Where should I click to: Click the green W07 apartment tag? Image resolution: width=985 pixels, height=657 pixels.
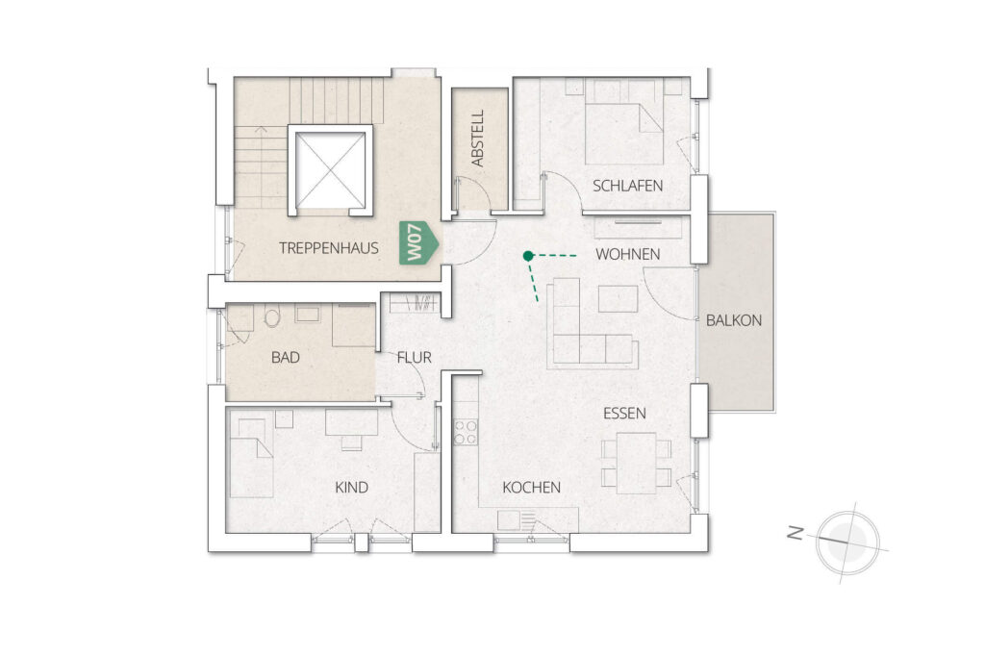click(418, 243)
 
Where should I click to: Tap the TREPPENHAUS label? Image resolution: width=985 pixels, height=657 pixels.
click(329, 248)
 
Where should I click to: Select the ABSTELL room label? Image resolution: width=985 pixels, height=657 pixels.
click(478, 139)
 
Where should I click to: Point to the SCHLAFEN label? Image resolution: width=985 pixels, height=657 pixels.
click(627, 186)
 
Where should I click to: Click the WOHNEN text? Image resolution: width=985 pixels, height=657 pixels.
click(627, 254)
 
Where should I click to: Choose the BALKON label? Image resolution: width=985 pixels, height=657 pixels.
click(734, 320)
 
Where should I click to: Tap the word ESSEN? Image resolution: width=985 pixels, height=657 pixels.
click(624, 414)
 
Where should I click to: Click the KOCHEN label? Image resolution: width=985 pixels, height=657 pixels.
click(531, 488)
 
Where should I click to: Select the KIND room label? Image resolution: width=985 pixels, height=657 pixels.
click(351, 488)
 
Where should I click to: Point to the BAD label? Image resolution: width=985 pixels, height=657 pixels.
click(285, 358)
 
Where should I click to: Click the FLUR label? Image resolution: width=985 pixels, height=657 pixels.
click(414, 358)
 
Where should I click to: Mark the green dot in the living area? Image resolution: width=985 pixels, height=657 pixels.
click(528, 256)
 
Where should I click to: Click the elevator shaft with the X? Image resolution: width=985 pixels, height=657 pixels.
click(331, 169)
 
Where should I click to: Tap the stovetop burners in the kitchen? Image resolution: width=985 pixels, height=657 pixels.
click(466, 432)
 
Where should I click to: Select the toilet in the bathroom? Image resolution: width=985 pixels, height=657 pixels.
click(272, 316)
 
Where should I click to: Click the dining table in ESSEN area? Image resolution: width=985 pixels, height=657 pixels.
click(637, 464)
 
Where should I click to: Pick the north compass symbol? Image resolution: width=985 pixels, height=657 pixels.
click(848, 543)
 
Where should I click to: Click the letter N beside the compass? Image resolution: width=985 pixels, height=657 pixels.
click(796, 534)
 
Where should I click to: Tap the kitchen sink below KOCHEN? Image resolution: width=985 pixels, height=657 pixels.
click(509, 520)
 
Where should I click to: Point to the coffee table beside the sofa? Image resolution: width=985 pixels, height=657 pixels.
click(619, 299)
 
